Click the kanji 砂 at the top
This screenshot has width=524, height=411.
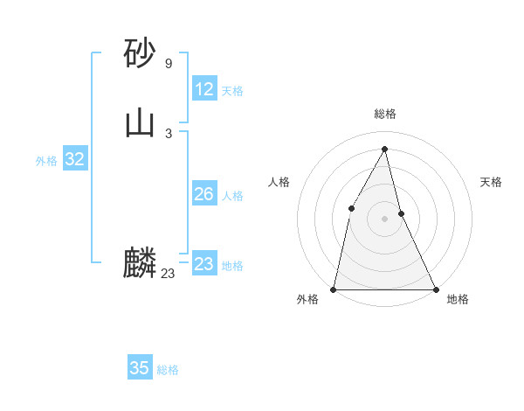click(140, 53)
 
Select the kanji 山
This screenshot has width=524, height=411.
click(140, 122)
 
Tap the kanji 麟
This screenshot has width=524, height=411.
click(140, 263)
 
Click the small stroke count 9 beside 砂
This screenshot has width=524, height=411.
click(168, 64)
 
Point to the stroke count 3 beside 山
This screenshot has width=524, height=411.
click(168, 133)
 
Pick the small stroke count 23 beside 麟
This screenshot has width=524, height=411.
click(168, 274)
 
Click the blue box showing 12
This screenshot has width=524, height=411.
click(204, 89)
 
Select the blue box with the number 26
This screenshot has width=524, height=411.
click(204, 194)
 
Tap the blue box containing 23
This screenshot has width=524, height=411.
click(204, 264)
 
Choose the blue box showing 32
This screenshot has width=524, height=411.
click(74, 159)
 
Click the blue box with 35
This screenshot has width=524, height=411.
click(140, 368)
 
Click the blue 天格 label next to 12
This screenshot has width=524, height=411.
click(232, 91)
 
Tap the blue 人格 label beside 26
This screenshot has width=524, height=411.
click(232, 196)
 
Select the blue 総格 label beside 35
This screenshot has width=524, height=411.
click(168, 370)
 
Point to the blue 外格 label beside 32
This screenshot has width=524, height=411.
click(46, 161)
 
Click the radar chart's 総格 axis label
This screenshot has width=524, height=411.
click(385, 114)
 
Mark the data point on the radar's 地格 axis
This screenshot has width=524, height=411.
click(435, 289)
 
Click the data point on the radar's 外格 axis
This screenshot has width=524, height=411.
click(334, 289)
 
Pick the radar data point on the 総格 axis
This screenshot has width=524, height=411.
click(385, 149)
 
